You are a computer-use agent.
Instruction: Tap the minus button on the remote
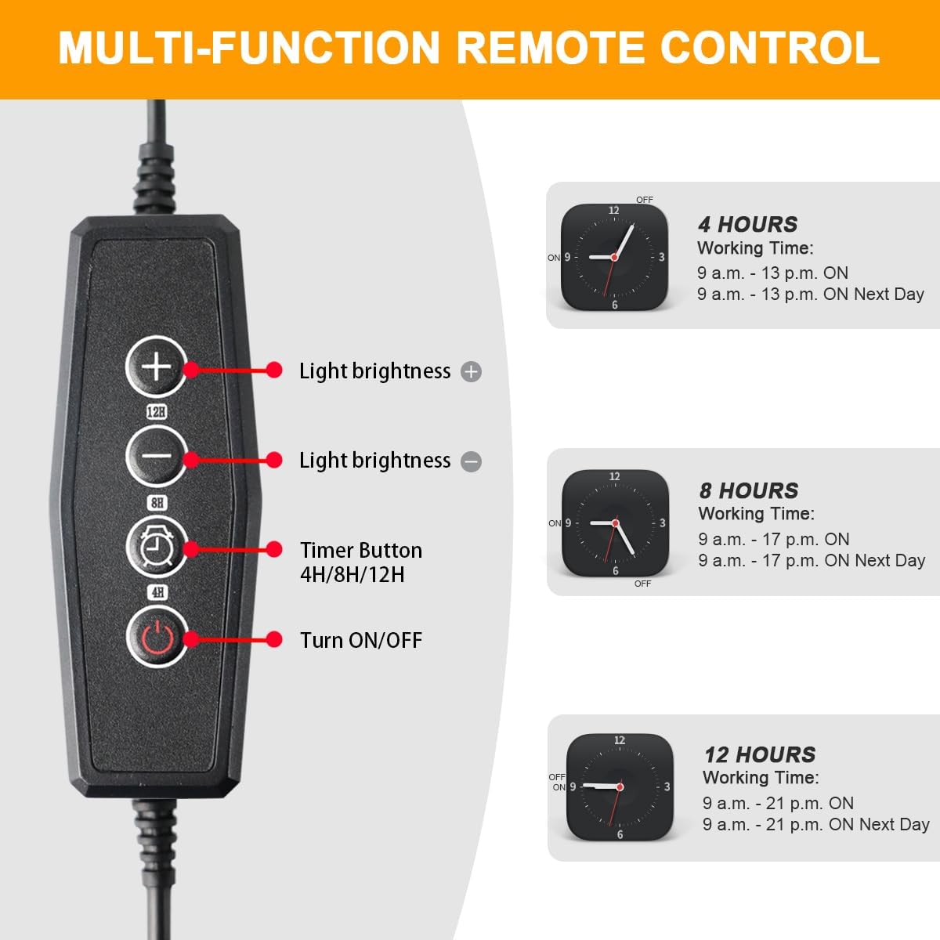click(x=157, y=457)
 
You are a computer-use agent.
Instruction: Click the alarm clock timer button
click(x=157, y=547)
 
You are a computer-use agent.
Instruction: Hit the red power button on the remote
click(x=157, y=637)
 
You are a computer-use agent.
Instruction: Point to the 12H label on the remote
click(x=157, y=412)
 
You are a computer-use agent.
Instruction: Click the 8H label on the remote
click(x=157, y=502)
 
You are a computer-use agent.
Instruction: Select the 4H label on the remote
click(x=157, y=593)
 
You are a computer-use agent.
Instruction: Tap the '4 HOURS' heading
click(x=747, y=225)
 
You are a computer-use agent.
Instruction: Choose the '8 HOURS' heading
click(x=749, y=490)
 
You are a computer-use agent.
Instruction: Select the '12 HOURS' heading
click(x=760, y=755)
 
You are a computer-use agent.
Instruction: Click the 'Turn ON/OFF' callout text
click(x=361, y=641)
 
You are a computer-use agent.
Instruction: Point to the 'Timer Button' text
click(x=361, y=550)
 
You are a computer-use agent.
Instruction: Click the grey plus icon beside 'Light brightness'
click(x=472, y=372)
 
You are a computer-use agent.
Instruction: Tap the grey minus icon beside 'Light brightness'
click(x=472, y=461)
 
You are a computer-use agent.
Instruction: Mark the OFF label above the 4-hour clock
click(x=645, y=200)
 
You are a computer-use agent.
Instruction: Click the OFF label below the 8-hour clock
click(x=642, y=584)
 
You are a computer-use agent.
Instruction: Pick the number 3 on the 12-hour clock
click(x=667, y=786)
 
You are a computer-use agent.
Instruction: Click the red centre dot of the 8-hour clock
click(x=616, y=523)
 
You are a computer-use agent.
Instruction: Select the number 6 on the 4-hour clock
click(x=615, y=305)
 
